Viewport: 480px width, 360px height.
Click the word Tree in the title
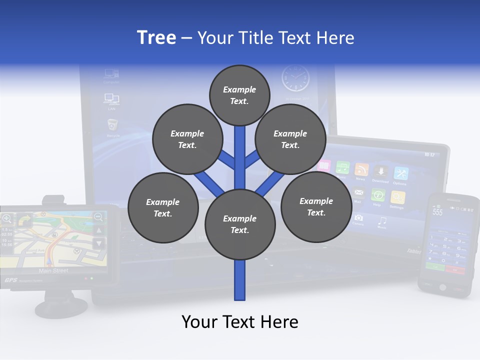pyautogui.click(x=156, y=37)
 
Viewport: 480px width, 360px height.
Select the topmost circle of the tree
pyautogui.click(x=239, y=95)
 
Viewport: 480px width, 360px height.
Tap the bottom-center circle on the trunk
pyautogui.click(x=240, y=224)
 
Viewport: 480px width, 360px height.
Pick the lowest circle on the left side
pyautogui.click(x=163, y=207)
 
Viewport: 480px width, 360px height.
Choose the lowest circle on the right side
pyautogui.click(x=316, y=206)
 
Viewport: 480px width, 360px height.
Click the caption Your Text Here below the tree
pyautogui.click(x=240, y=322)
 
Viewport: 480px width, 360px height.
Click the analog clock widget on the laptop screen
pyautogui.click(x=295, y=78)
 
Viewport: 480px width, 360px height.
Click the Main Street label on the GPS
pyautogui.click(x=53, y=271)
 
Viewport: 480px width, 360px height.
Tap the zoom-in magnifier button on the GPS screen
pyautogui.click(x=7, y=218)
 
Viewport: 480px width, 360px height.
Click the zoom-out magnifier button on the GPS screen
pyautogui.click(x=98, y=217)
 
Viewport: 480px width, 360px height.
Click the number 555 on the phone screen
pyautogui.click(x=438, y=212)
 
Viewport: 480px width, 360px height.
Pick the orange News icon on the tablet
pyautogui.click(x=361, y=170)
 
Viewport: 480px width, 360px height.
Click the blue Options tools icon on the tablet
pyautogui.click(x=400, y=173)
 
